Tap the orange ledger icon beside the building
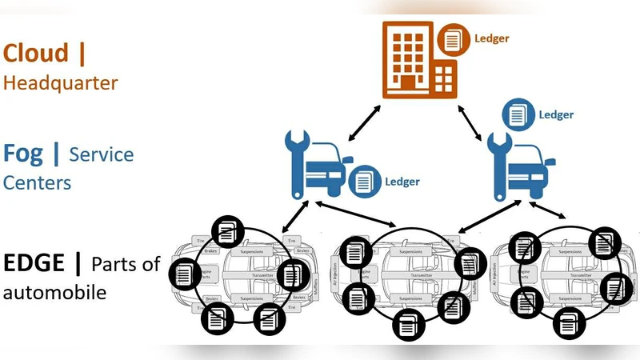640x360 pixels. tap(453, 38)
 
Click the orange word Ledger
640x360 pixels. tap(491, 38)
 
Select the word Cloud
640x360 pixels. tap(36, 54)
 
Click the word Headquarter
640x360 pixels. tap(61, 82)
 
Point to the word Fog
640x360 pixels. tap(22, 153)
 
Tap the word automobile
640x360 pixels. tap(54, 293)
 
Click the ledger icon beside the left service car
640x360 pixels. tap(364, 181)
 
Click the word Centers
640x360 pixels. tap(37, 182)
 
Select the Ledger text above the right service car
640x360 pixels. tap(556, 114)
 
